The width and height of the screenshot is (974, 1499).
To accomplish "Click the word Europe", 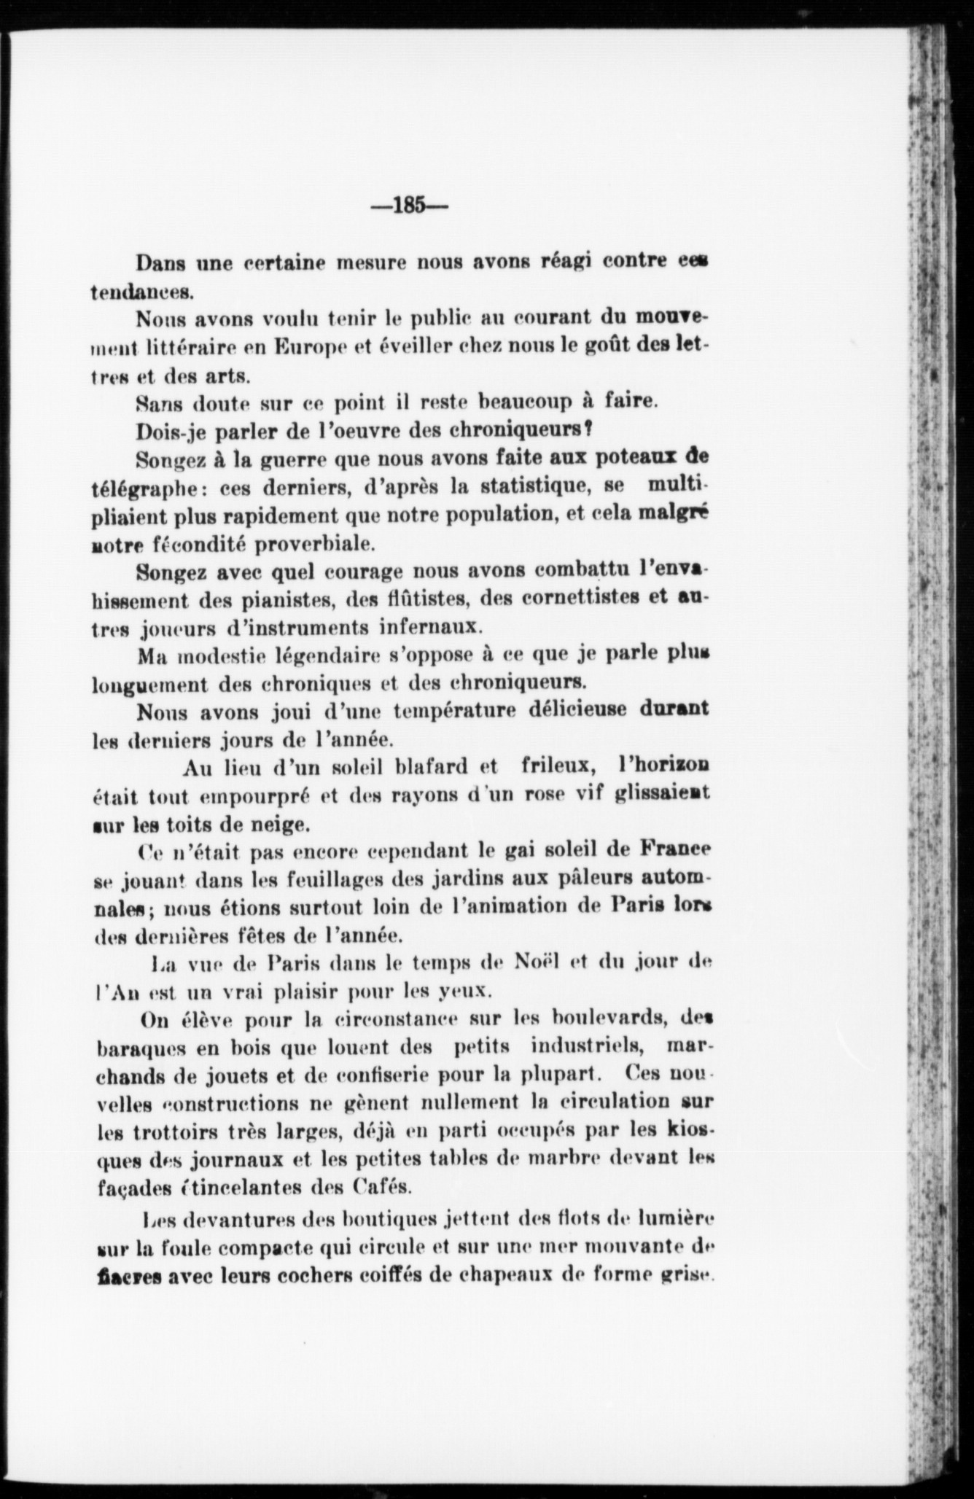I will [311, 348].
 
